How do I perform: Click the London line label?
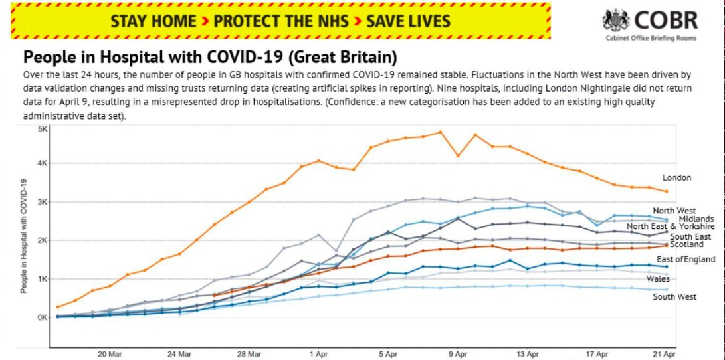coord(676,178)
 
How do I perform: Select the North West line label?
coord(673,211)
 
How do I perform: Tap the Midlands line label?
coord(696,219)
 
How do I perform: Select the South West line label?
coord(674,297)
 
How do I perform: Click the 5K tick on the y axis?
coord(41,129)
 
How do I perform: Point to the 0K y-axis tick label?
coord(41,317)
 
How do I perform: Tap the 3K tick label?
coord(41,202)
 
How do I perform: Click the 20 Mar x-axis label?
coord(110,355)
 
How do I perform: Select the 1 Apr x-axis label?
coord(318,355)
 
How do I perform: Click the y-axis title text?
coord(24,236)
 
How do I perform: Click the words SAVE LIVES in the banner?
coord(408,21)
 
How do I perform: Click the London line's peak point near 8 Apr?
coord(440,132)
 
